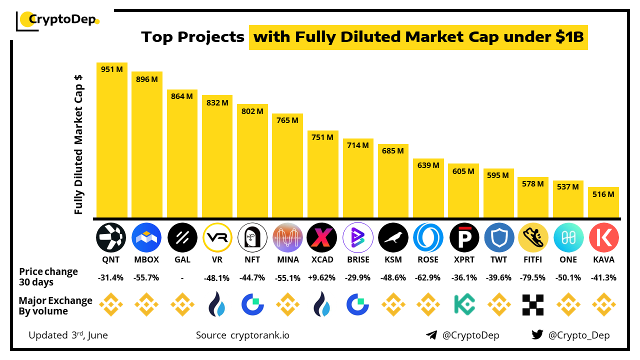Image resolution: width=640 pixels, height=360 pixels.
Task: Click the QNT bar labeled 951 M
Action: (x=112, y=140)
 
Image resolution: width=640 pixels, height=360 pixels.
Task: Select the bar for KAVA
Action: (x=603, y=202)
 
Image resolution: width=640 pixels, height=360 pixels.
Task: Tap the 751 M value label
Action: (x=322, y=137)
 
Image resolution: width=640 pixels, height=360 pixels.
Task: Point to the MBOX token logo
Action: (x=146, y=237)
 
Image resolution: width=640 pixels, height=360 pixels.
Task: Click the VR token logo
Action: (x=217, y=237)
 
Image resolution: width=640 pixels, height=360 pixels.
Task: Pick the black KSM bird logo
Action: (x=393, y=237)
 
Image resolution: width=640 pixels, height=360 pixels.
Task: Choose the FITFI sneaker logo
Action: (x=533, y=237)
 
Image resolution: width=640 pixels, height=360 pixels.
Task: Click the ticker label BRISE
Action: (x=358, y=259)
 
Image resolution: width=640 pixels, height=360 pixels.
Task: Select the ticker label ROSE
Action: (x=428, y=259)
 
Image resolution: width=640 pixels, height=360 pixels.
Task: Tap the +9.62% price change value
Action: (x=322, y=278)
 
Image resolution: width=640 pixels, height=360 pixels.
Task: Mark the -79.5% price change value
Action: (x=533, y=278)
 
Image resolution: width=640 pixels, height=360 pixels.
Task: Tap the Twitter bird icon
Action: (x=537, y=335)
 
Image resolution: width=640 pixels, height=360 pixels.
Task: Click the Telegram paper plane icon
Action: (x=431, y=335)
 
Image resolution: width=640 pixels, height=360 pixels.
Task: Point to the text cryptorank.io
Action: (x=259, y=335)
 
